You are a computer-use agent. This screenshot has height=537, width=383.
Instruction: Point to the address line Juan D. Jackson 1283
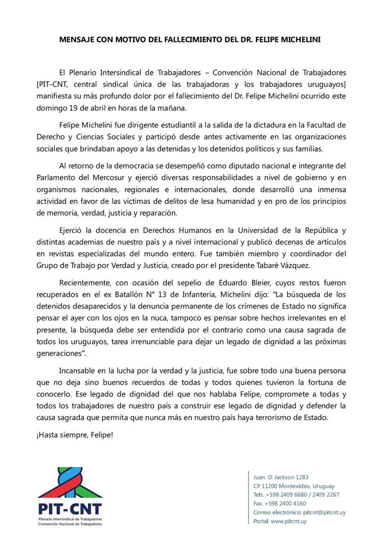pyautogui.click(x=281, y=477)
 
